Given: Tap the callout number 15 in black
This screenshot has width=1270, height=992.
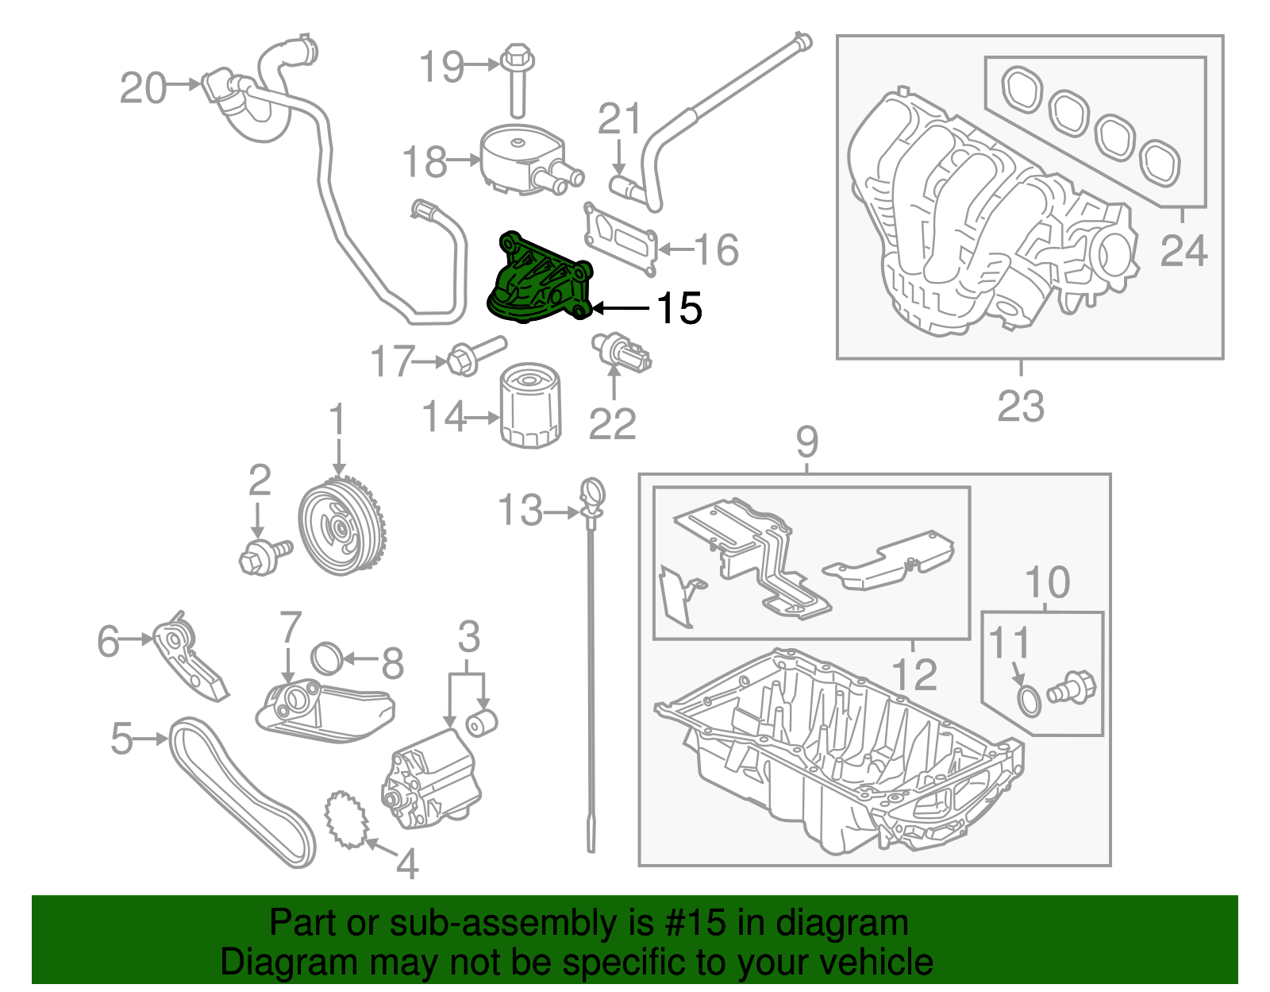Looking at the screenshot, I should pos(679,308).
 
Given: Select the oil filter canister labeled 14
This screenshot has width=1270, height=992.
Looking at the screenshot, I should pos(530,407).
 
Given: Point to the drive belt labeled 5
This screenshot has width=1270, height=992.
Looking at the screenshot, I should pos(238,794).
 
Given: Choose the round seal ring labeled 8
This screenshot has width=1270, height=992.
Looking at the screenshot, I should pos(326,658).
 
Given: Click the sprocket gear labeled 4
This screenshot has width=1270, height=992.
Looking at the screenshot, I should pos(346,819).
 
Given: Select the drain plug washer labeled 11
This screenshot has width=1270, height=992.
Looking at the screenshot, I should pos(1029,701).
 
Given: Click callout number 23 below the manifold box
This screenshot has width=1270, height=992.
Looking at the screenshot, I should pos(1020,407).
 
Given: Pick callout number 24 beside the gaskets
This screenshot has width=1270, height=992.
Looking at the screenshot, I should pos(1183,251).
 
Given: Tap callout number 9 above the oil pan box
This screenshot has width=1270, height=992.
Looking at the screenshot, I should pos(806,442).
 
